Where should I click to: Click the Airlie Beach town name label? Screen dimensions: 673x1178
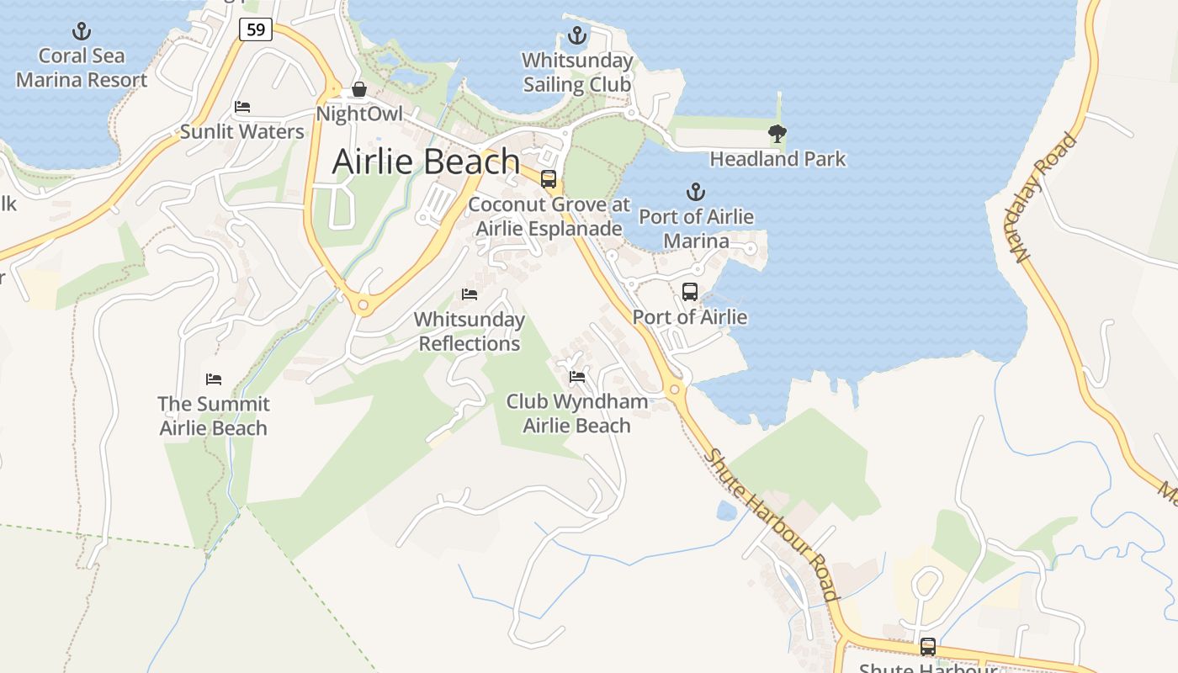426,162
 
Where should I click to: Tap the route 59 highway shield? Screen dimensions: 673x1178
256,29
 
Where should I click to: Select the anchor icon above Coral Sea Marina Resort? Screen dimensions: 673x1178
82,32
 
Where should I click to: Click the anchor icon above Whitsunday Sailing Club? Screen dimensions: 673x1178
576,35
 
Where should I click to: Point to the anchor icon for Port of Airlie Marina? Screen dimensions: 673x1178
696,192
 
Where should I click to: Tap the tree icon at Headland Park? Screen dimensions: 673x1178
777,133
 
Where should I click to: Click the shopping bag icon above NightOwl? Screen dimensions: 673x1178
359,89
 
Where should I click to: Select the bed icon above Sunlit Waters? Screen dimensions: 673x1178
242,107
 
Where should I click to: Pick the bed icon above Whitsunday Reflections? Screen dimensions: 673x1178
470,294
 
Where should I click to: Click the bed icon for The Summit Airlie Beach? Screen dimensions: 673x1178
214,379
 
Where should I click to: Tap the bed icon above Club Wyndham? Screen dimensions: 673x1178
577,376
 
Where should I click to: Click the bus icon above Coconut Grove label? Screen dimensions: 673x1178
549,178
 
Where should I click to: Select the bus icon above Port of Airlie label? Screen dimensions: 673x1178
690,292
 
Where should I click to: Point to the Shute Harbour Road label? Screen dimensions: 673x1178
772,523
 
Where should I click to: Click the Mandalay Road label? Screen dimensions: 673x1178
1045,198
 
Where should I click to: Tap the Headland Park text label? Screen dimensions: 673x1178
777,159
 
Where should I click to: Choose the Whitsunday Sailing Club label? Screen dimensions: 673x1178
577,72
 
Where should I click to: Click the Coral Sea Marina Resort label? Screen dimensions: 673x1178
82,68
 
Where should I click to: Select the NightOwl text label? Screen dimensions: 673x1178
359,114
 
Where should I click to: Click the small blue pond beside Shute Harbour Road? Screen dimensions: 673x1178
726,510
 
